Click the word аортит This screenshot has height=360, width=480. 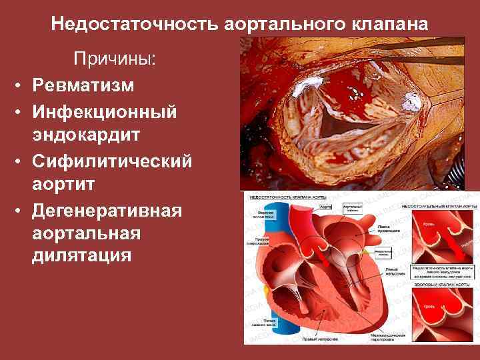[64, 185]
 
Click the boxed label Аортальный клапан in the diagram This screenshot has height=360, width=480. [352, 209]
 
